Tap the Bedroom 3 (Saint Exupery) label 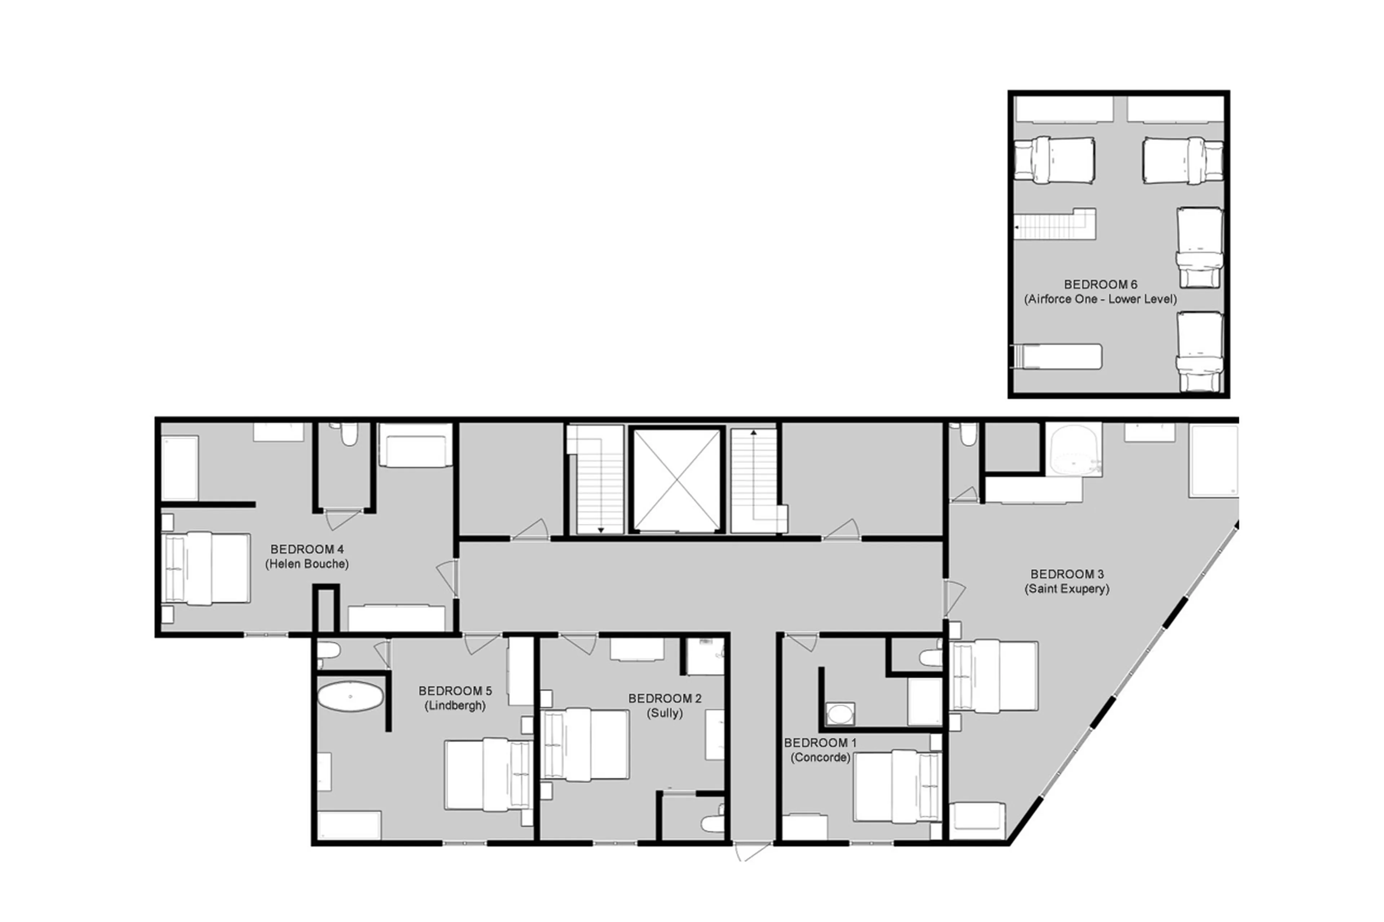coord(1066,581)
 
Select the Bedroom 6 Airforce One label coord(1100,291)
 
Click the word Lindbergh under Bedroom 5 coord(455,705)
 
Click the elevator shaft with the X coord(677,480)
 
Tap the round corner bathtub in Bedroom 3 coord(1075,450)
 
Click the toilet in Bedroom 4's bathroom coord(349,434)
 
